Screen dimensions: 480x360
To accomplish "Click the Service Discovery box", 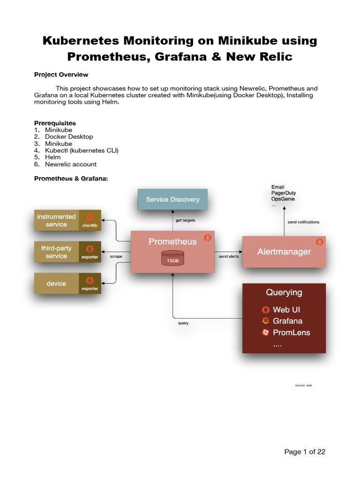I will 172,199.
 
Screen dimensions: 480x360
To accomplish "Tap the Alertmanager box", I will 284,252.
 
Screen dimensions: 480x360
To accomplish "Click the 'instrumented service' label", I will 56,220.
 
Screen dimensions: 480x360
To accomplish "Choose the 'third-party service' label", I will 56,252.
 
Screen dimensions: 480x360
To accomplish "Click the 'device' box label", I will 56,284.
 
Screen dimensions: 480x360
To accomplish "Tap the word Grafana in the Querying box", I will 287,321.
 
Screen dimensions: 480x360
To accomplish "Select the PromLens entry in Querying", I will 291,333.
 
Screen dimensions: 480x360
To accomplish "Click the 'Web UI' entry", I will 286,310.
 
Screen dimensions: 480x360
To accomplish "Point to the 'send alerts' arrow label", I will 228,257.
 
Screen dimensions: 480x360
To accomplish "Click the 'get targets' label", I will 186,220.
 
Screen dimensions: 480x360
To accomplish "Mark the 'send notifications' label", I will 303,222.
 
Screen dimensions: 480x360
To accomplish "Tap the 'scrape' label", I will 116,257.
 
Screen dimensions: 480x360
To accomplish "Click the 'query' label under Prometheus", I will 183,323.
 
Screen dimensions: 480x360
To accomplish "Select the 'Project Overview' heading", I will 61,75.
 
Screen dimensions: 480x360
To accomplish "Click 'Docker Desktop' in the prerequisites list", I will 69,137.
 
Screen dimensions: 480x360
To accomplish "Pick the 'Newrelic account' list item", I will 71,165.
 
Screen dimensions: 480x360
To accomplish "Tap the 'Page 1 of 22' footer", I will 305,452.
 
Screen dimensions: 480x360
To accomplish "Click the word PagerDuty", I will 283,193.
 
